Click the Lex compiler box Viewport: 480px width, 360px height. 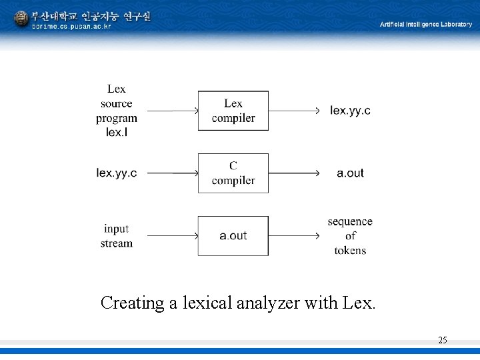click(x=233, y=111)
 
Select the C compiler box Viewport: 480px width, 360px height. click(x=233, y=173)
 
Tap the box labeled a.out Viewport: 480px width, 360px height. click(x=233, y=235)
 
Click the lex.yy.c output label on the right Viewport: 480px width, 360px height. click(x=350, y=111)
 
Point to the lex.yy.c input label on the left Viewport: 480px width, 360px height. click(x=117, y=173)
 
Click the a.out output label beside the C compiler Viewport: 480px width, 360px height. click(x=350, y=173)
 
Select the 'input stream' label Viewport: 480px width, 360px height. click(x=117, y=236)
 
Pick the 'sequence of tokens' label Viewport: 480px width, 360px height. click(x=350, y=236)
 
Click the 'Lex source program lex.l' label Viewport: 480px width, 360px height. click(x=117, y=111)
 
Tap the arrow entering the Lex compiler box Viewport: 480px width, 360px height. click(x=172, y=111)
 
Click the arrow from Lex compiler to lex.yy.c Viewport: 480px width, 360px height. click(x=294, y=111)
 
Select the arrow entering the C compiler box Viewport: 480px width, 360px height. click(x=172, y=173)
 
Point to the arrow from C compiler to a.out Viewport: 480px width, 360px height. click(x=294, y=173)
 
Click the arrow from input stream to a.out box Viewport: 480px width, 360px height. click(x=172, y=236)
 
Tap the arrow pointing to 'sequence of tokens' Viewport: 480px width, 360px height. click(x=294, y=236)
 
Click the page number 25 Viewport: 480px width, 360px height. click(x=443, y=341)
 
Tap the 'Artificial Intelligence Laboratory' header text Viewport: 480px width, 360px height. click(x=426, y=25)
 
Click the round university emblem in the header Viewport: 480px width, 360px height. click(x=21, y=19)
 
